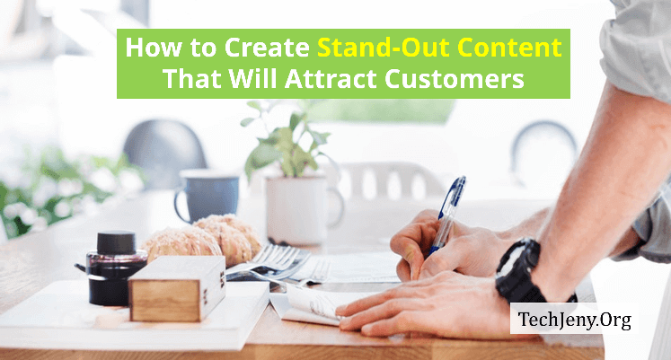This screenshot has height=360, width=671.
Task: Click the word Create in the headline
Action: (267, 47)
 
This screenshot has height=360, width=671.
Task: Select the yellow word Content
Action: (507, 47)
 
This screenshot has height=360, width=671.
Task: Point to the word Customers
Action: (454, 79)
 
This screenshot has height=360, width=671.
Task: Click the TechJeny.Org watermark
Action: (574, 320)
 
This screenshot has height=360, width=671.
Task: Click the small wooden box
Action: (177, 288)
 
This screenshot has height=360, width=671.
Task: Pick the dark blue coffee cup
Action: (207, 195)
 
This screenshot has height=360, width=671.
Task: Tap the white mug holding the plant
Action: (302, 208)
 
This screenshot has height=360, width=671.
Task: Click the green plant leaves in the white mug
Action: (285, 141)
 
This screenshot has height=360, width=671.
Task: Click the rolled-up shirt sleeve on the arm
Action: (636, 47)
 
